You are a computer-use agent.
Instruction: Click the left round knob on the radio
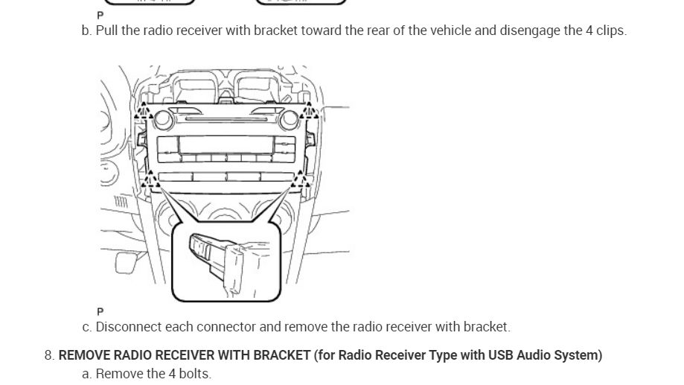(164, 118)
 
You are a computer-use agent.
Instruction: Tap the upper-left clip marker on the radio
(144, 112)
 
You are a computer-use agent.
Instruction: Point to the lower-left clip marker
(151, 179)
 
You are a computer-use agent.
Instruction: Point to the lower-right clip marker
(301, 179)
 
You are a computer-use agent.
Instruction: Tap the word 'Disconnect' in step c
(126, 327)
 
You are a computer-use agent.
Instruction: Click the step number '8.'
(49, 355)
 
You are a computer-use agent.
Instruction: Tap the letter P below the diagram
(100, 311)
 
